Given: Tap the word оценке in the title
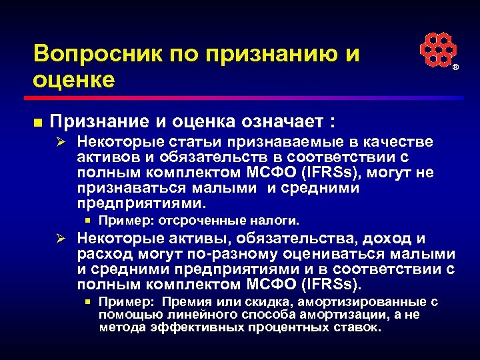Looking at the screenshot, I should (x=73, y=79).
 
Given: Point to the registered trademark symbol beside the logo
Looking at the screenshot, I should (x=457, y=69).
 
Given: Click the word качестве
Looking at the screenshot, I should (x=399, y=142).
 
